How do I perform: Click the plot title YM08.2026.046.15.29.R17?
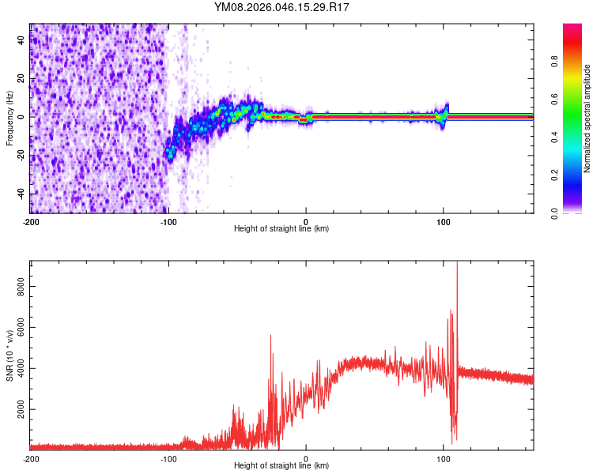281,7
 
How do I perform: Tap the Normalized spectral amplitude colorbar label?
587,118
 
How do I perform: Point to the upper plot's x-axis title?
281,228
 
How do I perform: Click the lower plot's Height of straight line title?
281,465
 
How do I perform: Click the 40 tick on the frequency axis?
21,40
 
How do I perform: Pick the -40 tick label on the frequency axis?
20,194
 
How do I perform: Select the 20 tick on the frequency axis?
21,79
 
